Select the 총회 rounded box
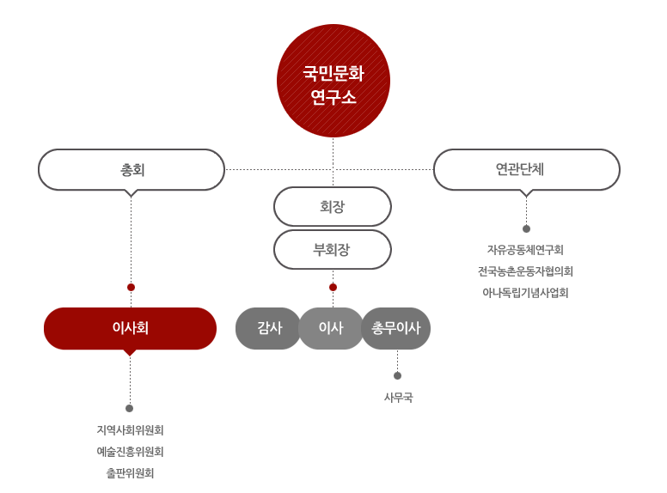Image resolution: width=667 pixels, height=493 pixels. point(132,169)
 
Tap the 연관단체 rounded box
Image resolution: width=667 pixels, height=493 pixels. point(526,169)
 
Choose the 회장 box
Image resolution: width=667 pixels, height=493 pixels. point(333,206)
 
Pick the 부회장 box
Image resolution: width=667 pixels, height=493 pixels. point(333,250)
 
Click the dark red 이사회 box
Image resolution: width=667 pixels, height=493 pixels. point(130,328)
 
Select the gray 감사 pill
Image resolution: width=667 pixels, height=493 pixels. point(269,328)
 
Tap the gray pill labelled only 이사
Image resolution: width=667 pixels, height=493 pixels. point(331,328)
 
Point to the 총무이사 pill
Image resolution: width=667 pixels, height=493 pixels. point(396,328)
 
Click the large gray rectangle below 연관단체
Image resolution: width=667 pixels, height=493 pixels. point(525,264)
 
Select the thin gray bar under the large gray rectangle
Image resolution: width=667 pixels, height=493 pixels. point(525,293)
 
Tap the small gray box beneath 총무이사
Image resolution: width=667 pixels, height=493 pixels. point(399,398)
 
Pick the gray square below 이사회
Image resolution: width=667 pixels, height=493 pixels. point(130,452)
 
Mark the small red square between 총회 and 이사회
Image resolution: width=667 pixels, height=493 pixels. point(131,287)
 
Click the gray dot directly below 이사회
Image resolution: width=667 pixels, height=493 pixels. point(130,408)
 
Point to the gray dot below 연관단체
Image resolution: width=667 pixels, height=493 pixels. point(526,229)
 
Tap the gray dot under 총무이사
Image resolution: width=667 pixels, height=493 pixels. point(397,375)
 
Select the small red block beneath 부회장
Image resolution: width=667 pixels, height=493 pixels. point(342,280)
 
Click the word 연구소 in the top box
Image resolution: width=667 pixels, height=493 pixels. point(333,97)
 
